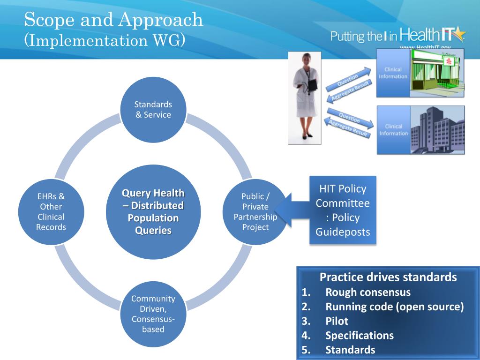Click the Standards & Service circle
(153, 110)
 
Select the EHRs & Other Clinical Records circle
(51, 212)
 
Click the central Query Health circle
(153, 212)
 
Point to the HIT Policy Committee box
(343, 210)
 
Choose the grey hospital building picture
(437, 130)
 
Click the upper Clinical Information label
(393, 73)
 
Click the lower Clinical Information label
(393, 130)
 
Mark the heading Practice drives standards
(388, 277)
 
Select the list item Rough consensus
(368, 292)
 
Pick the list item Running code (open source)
(395, 307)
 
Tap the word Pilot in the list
(337, 322)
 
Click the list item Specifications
(360, 336)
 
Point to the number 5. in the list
(306, 350)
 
